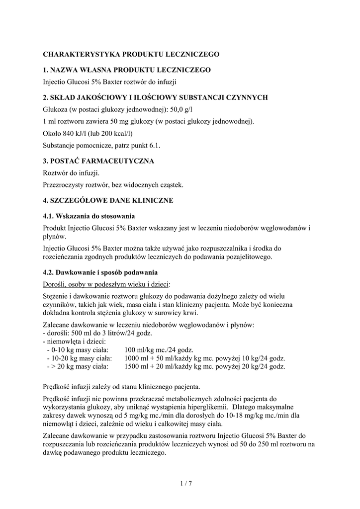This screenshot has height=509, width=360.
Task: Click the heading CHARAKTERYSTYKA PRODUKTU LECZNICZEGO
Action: point(131,54)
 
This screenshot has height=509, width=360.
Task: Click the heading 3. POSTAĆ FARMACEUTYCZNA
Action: point(98,161)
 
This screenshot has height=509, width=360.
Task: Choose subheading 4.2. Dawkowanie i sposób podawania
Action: point(100,272)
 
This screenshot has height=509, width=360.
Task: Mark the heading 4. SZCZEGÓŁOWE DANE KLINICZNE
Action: point(108,200)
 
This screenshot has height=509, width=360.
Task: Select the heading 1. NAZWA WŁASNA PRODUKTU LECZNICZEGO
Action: point(127,70)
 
